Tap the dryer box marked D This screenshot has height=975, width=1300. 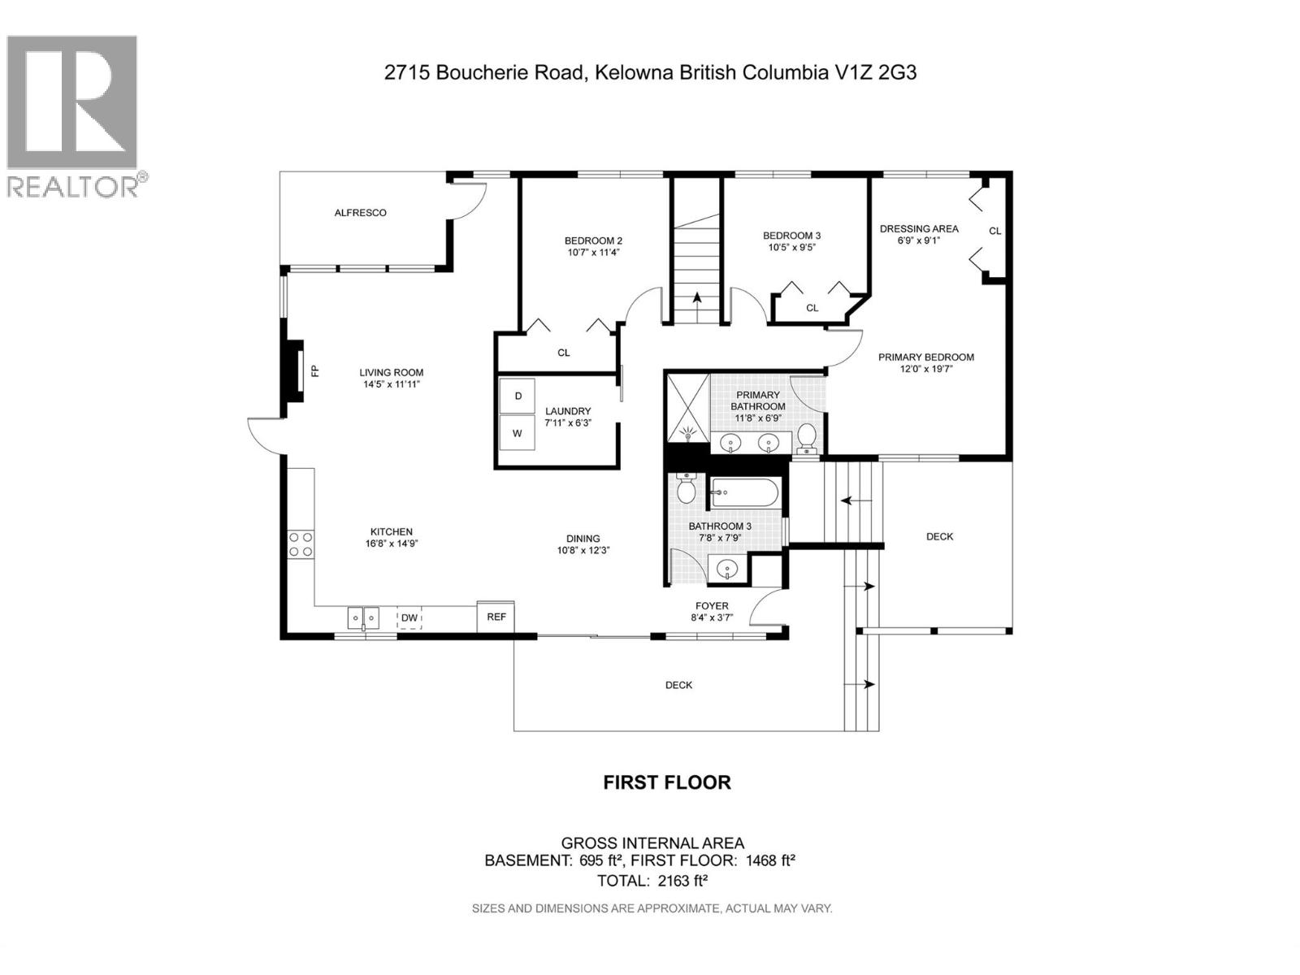518,396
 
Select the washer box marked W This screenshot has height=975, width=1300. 517,433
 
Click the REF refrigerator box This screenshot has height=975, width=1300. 496,617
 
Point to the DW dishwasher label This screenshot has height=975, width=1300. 409,618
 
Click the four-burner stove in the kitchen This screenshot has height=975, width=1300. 301,544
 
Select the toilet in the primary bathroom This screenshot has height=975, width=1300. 807,437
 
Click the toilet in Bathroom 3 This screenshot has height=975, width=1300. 686,489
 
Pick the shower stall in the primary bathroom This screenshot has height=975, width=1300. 688,407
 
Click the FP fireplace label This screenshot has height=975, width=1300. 315,371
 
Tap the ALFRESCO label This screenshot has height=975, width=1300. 361,213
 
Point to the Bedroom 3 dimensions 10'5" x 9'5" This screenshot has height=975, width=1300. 792,247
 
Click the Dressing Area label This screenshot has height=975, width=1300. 919,229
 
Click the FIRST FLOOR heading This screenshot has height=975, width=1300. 667,782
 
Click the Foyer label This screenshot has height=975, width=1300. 712,606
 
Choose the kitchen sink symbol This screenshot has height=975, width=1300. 364,618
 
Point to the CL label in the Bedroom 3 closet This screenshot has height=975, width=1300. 812,308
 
